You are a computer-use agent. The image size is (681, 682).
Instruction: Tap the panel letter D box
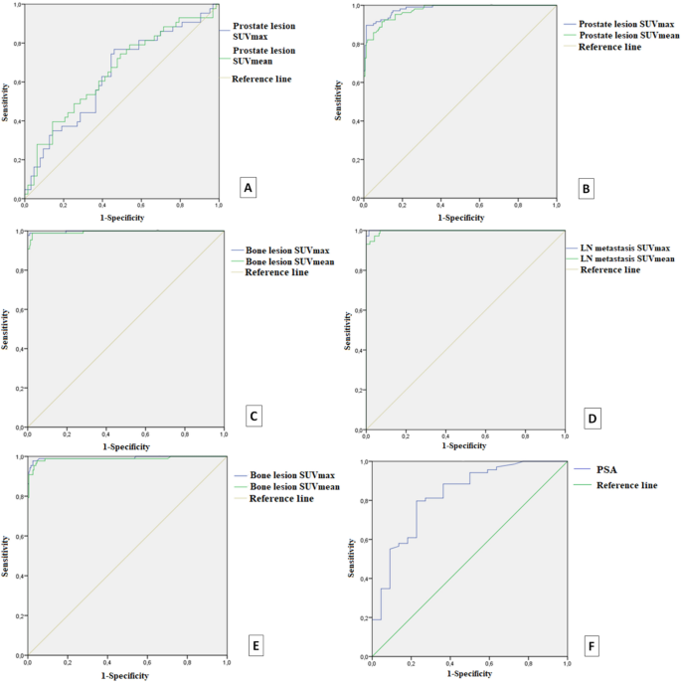592,419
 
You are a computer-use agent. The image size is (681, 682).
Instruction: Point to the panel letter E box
255,646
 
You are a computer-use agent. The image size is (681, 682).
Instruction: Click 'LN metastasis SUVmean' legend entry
626,258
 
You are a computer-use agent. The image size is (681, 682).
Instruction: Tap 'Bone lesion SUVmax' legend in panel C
288,249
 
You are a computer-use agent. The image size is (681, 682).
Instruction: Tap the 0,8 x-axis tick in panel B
517,205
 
